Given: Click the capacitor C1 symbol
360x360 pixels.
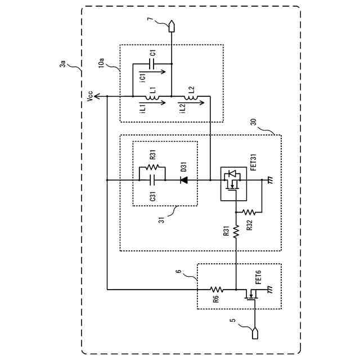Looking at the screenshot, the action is [x=152, y=64].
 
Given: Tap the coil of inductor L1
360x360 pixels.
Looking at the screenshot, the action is [x=152, y=98].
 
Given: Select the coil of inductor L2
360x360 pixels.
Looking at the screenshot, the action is [x=191, y=98].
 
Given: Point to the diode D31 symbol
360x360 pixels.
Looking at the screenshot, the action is [x=184, y=180].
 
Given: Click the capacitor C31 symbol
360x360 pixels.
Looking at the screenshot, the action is [x=152, y=180].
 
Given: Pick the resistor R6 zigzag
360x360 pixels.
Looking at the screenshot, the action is [x=217, y=289].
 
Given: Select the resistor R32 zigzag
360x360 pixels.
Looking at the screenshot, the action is [x=249, y=212].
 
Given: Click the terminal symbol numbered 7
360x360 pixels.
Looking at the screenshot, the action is [x=171, y=26].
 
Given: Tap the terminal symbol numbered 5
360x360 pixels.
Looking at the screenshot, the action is [x=255, y=334].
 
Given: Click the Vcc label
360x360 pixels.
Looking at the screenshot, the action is [x=90, y=96].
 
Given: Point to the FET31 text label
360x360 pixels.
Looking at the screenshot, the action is [x=253, y=162].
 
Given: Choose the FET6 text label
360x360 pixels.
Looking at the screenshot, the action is [x=258, y=277].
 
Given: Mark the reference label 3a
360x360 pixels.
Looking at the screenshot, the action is [x=62, y=64].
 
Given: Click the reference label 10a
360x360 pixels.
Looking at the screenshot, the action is [x=101, y=62].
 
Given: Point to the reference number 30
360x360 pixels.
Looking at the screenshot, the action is [x=254, y=122].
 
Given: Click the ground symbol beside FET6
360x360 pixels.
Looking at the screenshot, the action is [x=271, y=289].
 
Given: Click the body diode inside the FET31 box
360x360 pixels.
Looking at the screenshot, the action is [x=232, y=173].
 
